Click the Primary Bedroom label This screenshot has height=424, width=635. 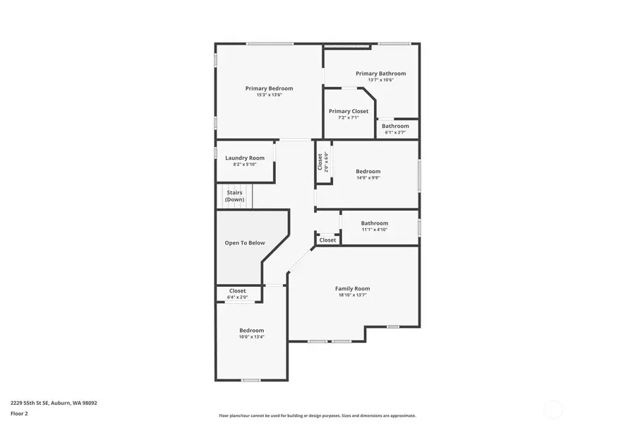[x=269, y=88]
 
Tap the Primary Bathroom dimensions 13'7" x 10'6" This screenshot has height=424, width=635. [x=380, y=80]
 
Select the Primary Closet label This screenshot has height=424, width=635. [x=349, y=111]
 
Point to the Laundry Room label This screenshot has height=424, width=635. [x=245, y=158]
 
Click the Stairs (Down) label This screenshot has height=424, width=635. [x=235, y=196]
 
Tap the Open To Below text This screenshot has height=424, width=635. [x=245, y=243]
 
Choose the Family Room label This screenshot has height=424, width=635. [x=352, y=288]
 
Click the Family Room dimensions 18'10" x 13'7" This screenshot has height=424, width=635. [x=352, y=295]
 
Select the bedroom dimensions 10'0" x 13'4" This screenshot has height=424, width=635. [x=251, y=337]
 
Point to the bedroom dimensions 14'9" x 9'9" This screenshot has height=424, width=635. [x=368, y=177]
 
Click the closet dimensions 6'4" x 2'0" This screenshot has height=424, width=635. [x=238, y=297]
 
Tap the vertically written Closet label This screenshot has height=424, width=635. [x=320, y=162]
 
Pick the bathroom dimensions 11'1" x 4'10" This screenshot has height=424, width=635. [x=375, y=230]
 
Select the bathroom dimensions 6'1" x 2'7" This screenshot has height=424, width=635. [x=395, y=132]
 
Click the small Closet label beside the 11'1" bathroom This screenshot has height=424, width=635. [x=328, y=240]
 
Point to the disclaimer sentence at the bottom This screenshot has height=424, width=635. [x=317, y=416]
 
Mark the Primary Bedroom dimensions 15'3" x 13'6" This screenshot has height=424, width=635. [x=269, y=95]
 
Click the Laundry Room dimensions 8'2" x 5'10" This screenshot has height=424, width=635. [x=245, y=165]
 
